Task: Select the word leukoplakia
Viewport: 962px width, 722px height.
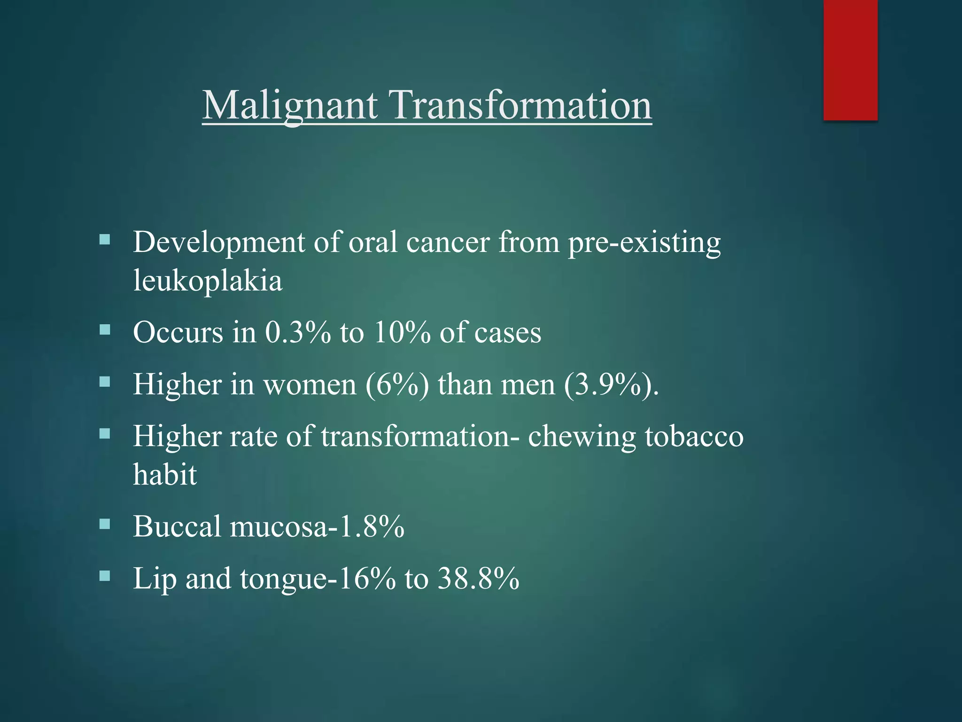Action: (x=208, y=281)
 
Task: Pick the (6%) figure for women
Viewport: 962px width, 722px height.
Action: (x=397, y=385)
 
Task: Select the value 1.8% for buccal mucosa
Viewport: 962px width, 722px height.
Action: (x=371, y=526)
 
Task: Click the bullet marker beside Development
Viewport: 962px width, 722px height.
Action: (x=105, y=241)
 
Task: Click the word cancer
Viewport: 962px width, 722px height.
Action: (x=448, y=243)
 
